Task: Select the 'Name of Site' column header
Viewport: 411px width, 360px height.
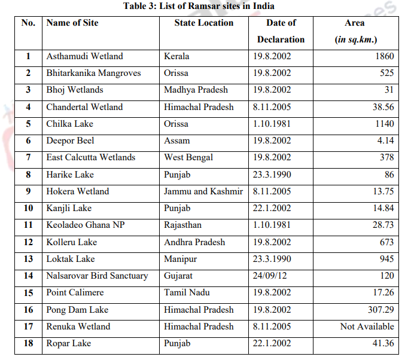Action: click(72, 23)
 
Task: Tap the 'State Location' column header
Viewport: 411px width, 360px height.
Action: click(203, 23)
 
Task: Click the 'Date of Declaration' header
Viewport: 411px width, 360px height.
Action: click(281, 31)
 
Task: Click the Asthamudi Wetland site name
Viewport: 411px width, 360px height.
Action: click(84, 56)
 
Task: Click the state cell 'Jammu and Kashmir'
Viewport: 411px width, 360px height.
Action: click(203, 191)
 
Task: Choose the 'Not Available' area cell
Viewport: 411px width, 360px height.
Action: click(367, 327)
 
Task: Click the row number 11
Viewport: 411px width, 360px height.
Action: click(28, 225)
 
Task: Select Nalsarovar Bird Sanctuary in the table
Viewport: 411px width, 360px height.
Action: click(97, 276)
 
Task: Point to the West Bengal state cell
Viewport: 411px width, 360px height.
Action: click(188, 157)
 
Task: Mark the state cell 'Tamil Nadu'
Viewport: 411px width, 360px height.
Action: click(186, 292)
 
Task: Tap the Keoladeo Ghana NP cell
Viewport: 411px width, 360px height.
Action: click(85, 225)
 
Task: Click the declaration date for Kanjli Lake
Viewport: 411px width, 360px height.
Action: click(272, 208)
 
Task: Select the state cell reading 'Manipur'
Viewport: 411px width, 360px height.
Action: click(180, 259)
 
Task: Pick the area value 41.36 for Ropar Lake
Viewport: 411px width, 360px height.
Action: click(382, 343)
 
